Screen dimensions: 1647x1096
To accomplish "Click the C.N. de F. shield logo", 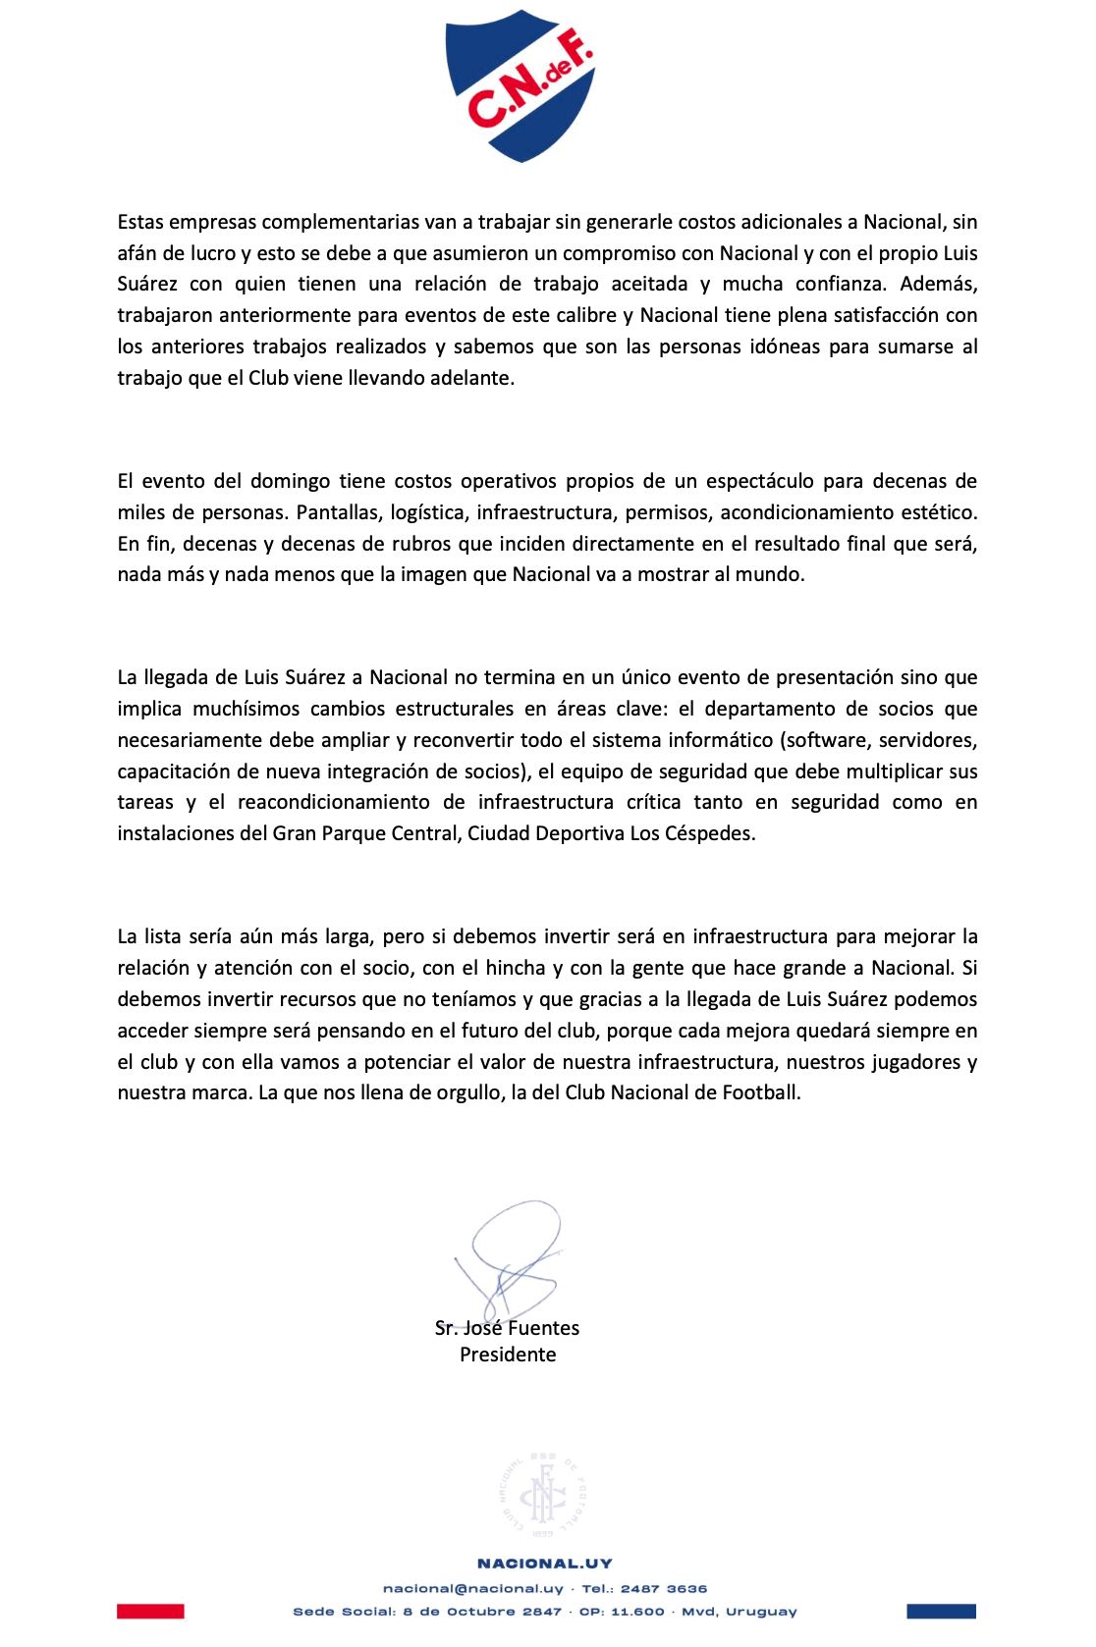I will [521, 85].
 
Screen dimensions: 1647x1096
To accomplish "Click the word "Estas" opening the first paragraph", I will [140, 223].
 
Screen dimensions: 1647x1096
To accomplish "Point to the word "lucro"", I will [213, 253].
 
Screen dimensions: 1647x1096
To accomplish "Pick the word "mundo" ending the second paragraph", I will [774, 575].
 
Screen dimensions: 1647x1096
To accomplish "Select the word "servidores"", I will [928, 740].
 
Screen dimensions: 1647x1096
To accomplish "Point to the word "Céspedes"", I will [713, 834].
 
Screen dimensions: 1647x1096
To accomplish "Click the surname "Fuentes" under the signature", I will [544, 1328].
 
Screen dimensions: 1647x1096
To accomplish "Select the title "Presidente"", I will [508, 1355].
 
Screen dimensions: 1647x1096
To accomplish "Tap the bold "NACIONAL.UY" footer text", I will [545, 1564].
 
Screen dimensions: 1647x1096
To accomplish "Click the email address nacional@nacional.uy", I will [473, 1588].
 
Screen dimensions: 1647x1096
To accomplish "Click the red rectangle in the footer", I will [150, 1611].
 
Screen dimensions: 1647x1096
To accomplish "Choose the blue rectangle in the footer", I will [941, 1611].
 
